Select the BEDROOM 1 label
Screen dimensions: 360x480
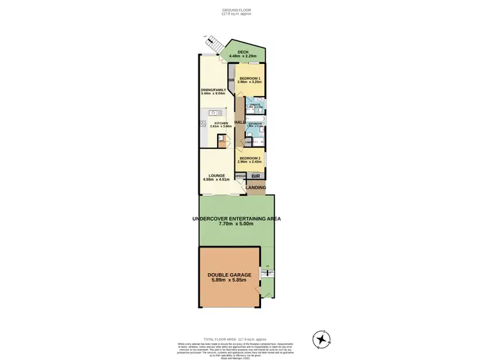246,78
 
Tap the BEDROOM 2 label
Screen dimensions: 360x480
250,158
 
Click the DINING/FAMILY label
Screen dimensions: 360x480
213,90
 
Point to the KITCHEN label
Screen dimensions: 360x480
221,123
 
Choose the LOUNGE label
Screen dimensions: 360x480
215,176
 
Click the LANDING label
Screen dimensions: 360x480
256,187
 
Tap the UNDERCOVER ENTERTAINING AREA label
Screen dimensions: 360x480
237,219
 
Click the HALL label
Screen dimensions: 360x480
240,121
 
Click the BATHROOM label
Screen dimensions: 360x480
255,124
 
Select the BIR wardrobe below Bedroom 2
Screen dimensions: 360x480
255,175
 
